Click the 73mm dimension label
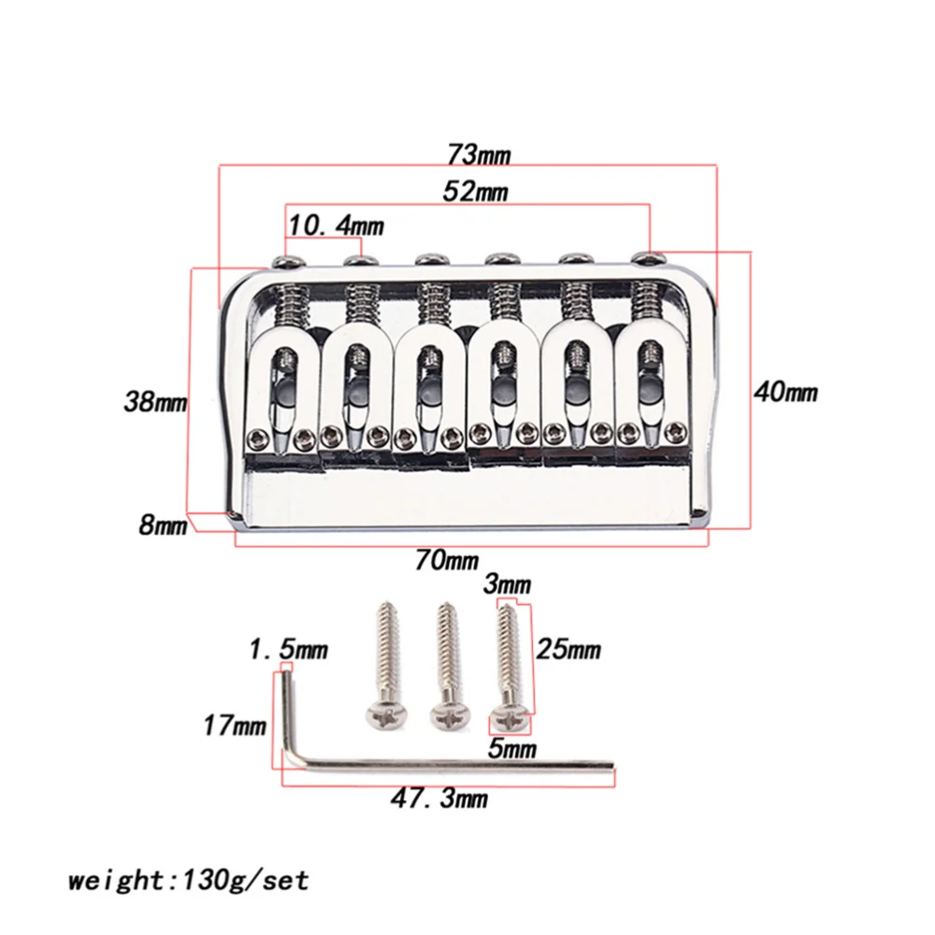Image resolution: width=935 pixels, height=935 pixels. [x=473, y=152]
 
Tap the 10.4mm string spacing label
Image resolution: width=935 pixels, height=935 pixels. [x=336, y=225]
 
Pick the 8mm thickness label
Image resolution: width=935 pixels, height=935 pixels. [x=163, y=525]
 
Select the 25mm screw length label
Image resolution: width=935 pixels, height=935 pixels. [x=568, y=649]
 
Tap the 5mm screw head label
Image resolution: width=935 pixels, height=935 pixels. [x=512, y=748]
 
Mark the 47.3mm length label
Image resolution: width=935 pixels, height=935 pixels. [x=440, y=798]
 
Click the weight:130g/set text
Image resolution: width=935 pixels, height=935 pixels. [x=187, y=880]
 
